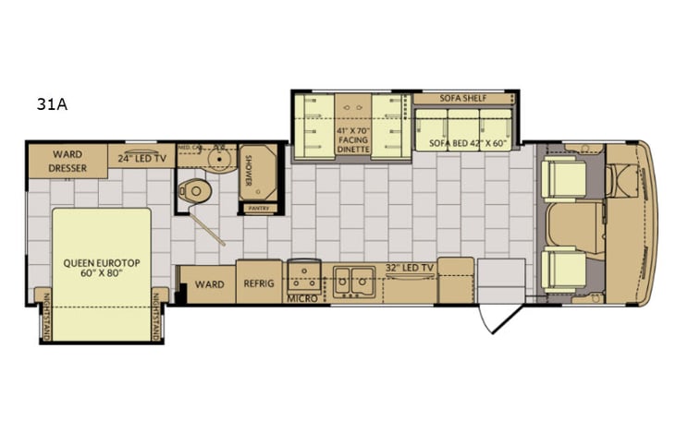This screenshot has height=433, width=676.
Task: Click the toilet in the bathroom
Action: coord(195,188)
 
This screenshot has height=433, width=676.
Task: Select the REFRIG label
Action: coord(258,283)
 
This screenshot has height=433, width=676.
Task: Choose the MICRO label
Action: coord(302,299)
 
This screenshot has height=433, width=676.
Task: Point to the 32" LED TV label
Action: coord(410,268)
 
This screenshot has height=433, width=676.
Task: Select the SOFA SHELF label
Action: coord(462,97)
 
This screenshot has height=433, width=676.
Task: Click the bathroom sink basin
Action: coord(220,159)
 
